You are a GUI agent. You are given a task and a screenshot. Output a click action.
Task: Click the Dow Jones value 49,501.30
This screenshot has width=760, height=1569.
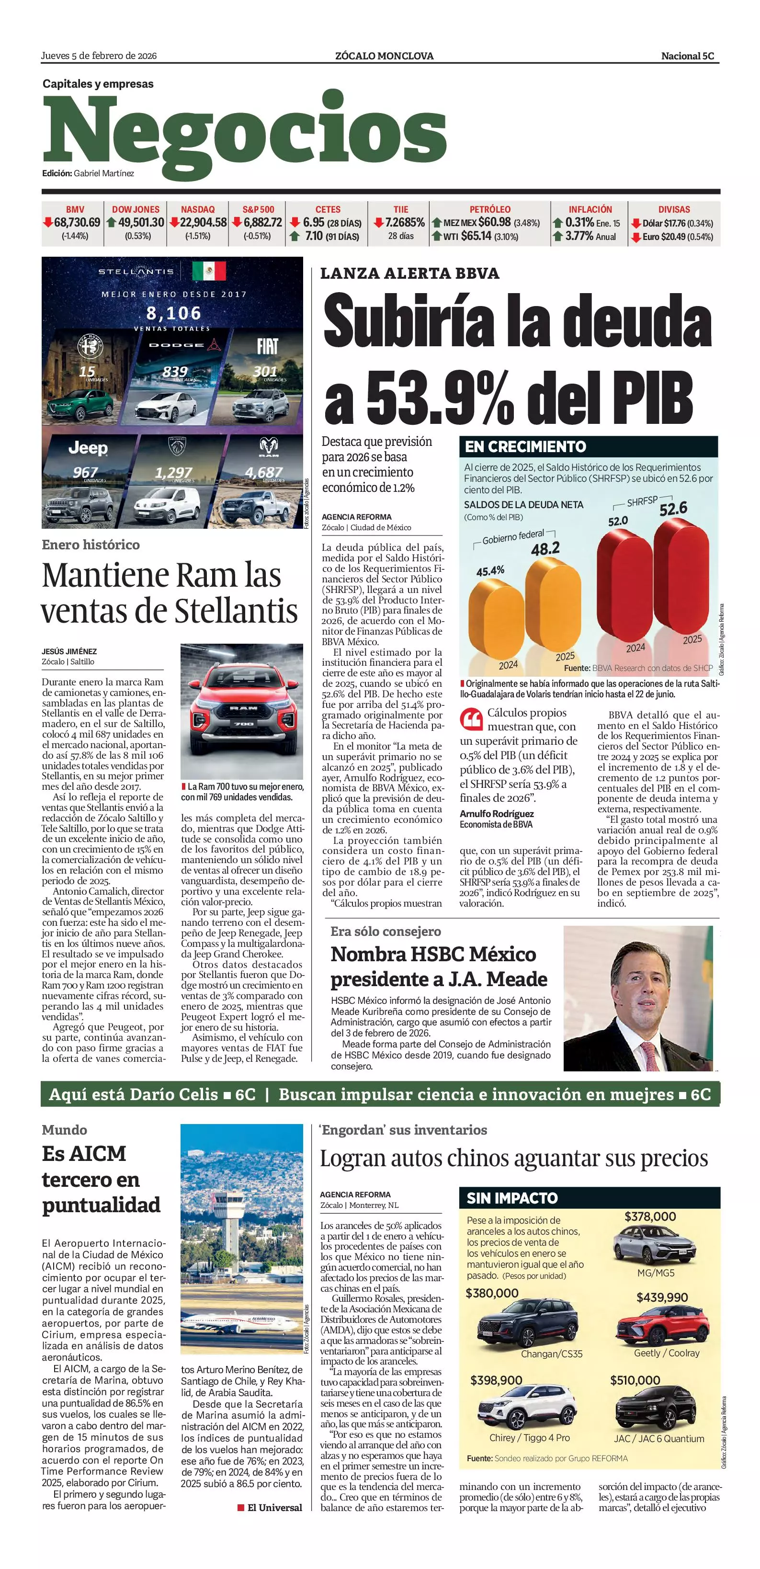pyautogui.click(x=141, y=223)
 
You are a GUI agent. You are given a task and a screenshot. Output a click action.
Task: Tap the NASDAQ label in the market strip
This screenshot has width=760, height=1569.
pyautogui.click(x=197, y=209)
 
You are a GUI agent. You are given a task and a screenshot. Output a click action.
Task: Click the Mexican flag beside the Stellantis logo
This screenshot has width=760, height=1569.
pyautogui.click(x=209, y=271)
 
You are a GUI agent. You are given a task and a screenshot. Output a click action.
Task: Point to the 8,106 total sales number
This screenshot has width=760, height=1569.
pyautogui.click(x=173, y=313)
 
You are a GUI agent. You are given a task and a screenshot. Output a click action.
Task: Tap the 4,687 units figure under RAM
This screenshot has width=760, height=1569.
pyautogui.click(x=264, y=472)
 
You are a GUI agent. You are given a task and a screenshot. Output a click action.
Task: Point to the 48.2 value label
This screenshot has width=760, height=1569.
pyautogui.click(x=545, y=549)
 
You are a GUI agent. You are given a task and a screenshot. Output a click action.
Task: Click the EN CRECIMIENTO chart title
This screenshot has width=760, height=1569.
pyautogui.click(x=525, y=446)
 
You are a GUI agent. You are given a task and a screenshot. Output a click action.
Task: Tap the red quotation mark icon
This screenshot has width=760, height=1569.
pyautogui.click(x=471, y=719)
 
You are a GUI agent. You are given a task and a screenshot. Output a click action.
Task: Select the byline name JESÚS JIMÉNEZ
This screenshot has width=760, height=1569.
pyautogui.click(x=69, y=651)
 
